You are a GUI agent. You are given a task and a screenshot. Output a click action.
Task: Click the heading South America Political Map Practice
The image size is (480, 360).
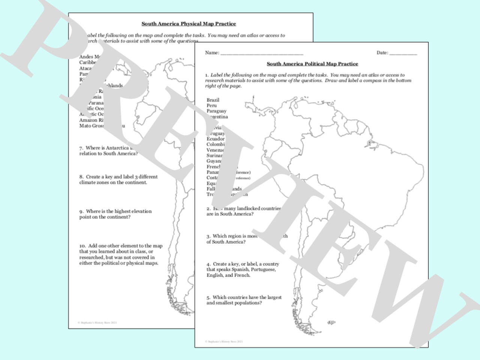(312, 64)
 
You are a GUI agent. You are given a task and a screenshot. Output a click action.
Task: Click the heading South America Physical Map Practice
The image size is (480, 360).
(189, 24)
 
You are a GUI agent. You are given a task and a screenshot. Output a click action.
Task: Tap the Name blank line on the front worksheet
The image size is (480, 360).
(261, 53)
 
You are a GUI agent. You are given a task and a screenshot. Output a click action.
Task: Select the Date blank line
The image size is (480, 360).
(403, 53)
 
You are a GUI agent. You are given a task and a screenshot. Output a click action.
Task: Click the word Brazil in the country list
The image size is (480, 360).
(213, 100)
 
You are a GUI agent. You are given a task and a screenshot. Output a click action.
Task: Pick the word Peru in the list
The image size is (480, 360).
(211, 106)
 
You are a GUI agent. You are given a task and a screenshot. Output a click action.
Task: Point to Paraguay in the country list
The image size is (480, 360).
(216, 111)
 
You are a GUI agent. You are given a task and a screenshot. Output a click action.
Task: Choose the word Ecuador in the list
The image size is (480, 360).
(216, 139)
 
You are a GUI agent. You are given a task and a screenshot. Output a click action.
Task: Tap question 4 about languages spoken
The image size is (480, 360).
(243, 269)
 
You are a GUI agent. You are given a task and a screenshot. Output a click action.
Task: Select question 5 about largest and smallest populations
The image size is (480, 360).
(244, 300)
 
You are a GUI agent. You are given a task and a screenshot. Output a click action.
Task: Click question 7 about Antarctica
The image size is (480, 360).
(107, 151)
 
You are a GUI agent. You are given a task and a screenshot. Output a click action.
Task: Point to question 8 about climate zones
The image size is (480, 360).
(118, 180)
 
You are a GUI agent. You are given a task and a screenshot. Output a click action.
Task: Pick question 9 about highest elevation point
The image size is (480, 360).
(115, 214)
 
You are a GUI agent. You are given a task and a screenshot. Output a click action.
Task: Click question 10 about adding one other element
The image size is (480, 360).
(121, 254)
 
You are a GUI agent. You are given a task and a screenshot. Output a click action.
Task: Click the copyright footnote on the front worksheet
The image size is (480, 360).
(224, 342)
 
